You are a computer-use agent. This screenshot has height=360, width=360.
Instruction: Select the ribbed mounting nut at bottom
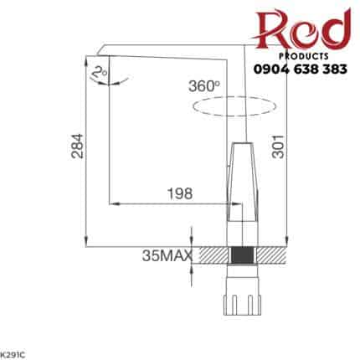242,301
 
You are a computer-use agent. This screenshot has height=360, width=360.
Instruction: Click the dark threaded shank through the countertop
242,255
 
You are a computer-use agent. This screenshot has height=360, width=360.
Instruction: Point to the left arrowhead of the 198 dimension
115,203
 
